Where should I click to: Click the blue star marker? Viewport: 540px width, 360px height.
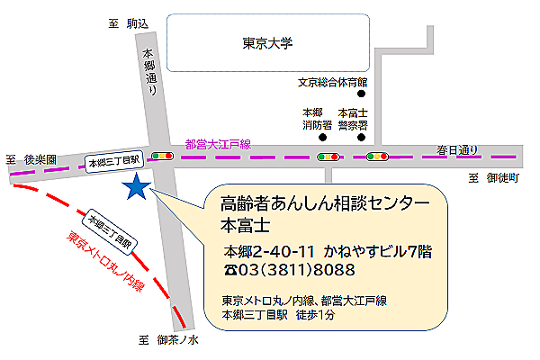(x=137, y=187)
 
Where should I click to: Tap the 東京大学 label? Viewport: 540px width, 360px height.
(x=268, y=43)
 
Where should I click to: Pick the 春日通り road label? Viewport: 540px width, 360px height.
(x=458, y=148)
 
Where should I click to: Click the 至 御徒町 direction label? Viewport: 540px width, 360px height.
(x=494, y=178)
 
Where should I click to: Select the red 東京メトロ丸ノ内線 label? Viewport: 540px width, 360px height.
(x=105, y=263)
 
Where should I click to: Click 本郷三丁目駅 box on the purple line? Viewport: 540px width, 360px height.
(x=113, y=161)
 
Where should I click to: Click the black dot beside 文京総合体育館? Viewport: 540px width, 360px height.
(x=362, y=94)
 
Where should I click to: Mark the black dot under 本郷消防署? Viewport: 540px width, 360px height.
(x=321, y=138)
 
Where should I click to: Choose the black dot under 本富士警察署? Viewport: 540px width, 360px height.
(x=362, y=138)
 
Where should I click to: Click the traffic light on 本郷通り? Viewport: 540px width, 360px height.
(x=163, y=157)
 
